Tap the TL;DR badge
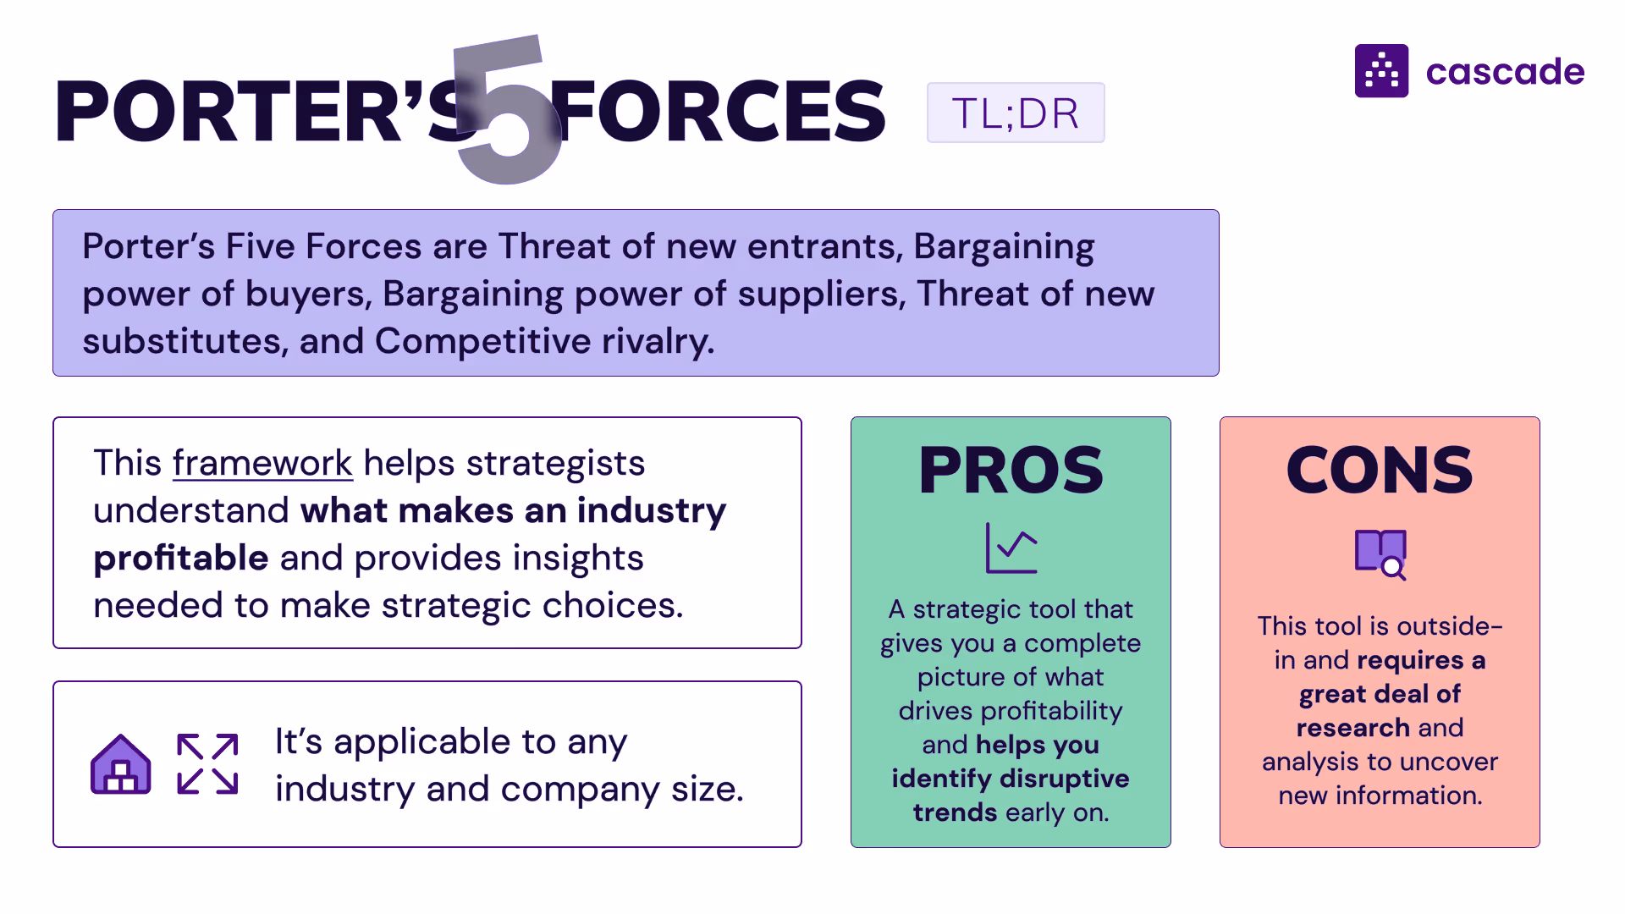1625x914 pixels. [1015, 113]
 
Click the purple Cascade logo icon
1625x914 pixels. [1381, 71]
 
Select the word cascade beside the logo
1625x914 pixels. [1505, 72]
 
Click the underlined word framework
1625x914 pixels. [262, 464]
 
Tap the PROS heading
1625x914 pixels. [1011, 471]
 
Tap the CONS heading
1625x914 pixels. [1380, 471]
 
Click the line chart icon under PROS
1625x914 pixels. [1011, 548]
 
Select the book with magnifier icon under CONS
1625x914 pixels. [1380, 554]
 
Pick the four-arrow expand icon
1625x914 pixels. [207, 764]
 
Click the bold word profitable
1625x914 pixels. [181, 559]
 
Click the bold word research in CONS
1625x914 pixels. [1352, 728]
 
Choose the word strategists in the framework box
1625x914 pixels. [555, 464]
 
